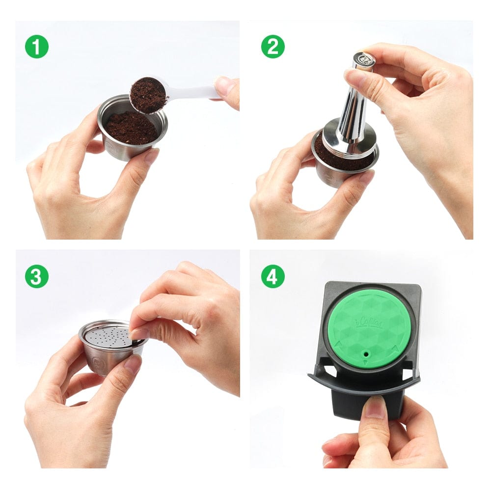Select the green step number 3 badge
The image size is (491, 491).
coord(37,276)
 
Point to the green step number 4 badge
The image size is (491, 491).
coord(273,276)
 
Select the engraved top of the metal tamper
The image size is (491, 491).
coord(363,59)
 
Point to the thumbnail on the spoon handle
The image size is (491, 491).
coord(224,86)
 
